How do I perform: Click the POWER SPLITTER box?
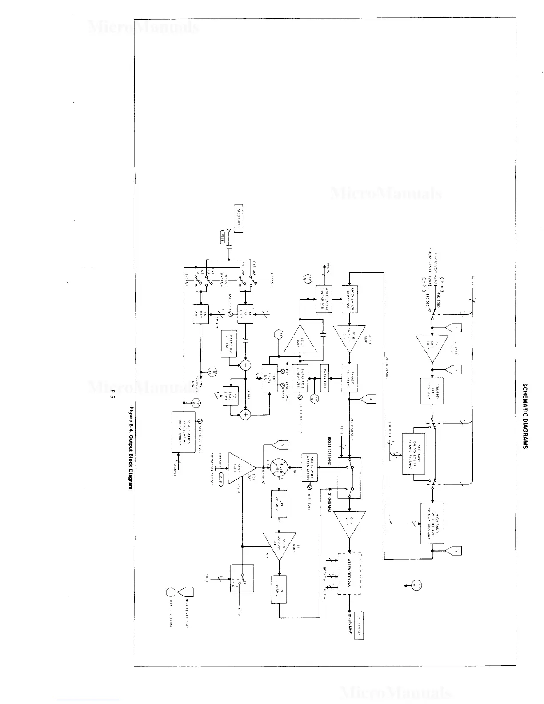tap(349, 378)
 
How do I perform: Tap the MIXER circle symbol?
tap(281, 468)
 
